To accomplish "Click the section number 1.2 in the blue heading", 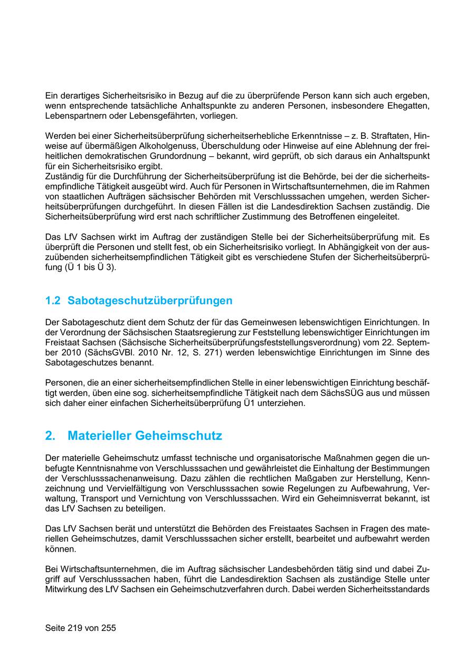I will [53, 301].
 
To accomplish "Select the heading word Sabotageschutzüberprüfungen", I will [150, 301].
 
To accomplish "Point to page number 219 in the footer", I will [76, 628].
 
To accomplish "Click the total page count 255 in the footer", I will [108, 628].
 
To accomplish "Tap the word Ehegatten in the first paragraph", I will [408, 106].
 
